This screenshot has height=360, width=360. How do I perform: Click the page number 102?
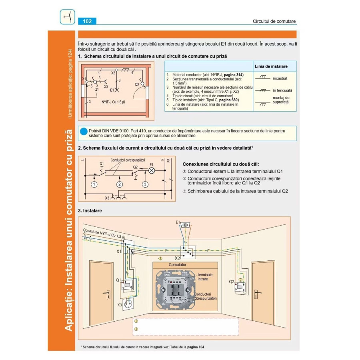[x=87, y=21]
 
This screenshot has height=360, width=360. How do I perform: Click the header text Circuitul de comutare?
[x=274, y=21]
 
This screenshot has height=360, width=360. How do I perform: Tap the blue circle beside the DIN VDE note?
[x=83, y=131]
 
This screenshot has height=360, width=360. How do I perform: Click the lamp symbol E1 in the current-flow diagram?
[x=152, y=170]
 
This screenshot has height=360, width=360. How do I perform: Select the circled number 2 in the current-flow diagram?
[x=119, y=184]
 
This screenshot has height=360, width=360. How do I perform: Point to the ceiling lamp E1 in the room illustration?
[x=185, y=225]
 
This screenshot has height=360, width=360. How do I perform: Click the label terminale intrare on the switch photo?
[x=205, y=277]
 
